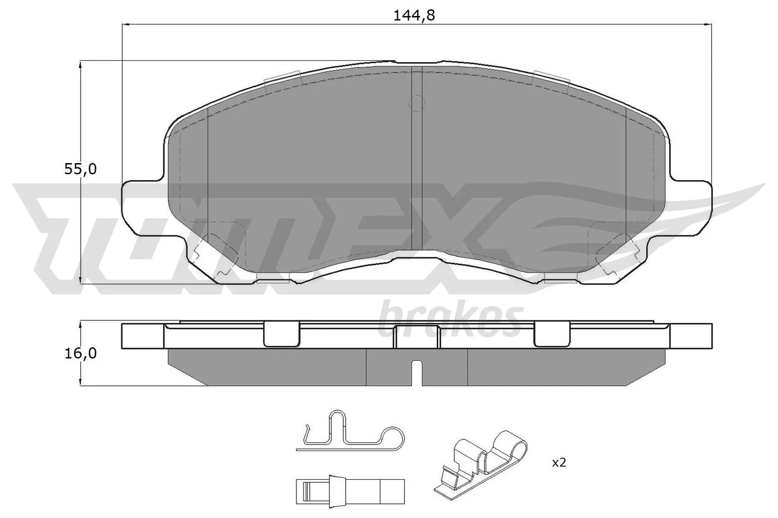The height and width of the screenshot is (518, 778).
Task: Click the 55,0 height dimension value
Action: point(81,169)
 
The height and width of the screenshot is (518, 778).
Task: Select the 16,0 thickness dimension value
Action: point(81,353)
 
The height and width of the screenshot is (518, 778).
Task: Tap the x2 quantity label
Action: point(559,463)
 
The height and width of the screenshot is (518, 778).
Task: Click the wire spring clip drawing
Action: point(350,434)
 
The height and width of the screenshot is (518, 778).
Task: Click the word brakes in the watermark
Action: point(450,321)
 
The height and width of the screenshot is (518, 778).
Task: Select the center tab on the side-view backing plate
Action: point(417,336)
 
